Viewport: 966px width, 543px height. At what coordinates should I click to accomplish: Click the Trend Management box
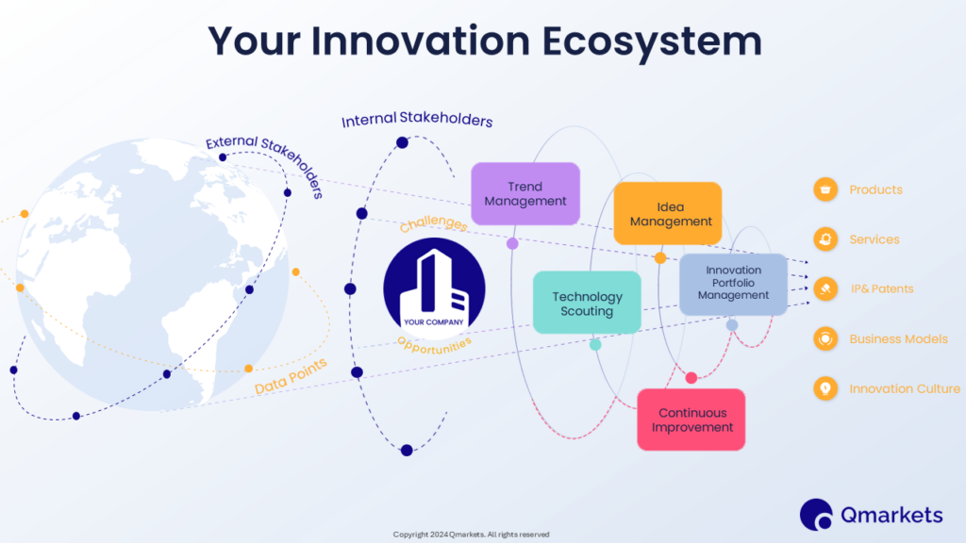pos(525,193)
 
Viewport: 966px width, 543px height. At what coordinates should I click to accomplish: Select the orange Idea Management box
pos(667,214)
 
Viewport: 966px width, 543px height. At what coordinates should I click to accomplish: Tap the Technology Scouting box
pos(586,303)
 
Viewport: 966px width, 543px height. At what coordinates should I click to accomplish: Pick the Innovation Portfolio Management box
pos(733,283)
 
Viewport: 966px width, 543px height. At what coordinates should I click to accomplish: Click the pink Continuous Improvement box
pos(691,420)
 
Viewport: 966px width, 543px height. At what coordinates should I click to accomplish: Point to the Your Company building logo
pos(434,288)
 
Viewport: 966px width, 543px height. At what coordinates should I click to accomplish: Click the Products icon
pos(825,189)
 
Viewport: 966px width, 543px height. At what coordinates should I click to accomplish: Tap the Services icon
pos(825,239)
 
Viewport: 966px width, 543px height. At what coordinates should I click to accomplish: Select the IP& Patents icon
pos(825,288)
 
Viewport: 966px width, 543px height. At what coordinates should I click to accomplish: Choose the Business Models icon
pos(825,338)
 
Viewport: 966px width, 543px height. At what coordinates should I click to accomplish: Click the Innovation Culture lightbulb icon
pos(825,388)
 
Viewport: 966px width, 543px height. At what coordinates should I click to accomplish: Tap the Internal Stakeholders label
pos(417,121)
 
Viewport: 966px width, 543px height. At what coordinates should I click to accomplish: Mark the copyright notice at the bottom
pos(471,535)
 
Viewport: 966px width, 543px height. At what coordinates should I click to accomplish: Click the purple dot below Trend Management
pos(512,243)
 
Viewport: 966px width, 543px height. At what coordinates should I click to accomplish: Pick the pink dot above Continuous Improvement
pos(691,378)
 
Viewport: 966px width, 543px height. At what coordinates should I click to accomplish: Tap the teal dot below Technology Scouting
pos(595,345)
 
